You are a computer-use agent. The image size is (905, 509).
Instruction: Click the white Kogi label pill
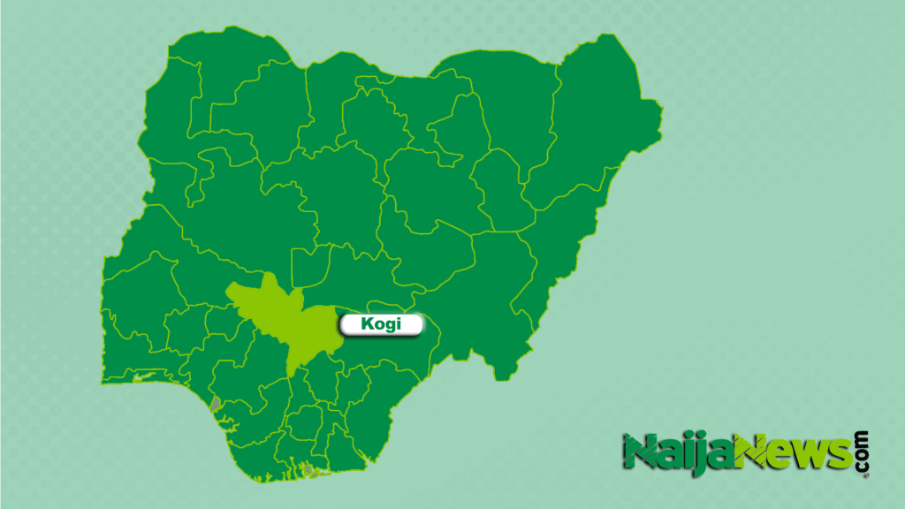click(381, 324)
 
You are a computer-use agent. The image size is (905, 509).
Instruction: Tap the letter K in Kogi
click(367, 324)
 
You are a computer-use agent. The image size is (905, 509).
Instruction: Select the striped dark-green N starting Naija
click(638, 452)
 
